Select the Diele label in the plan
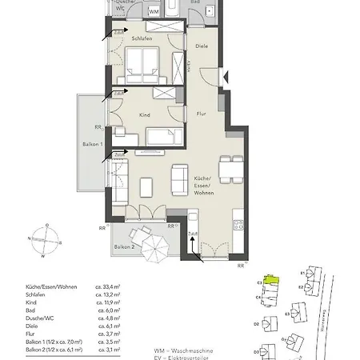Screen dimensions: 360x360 coord(202,46)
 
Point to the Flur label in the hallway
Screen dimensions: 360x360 coord(202,113)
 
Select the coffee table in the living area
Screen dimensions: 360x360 coord(146,186)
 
